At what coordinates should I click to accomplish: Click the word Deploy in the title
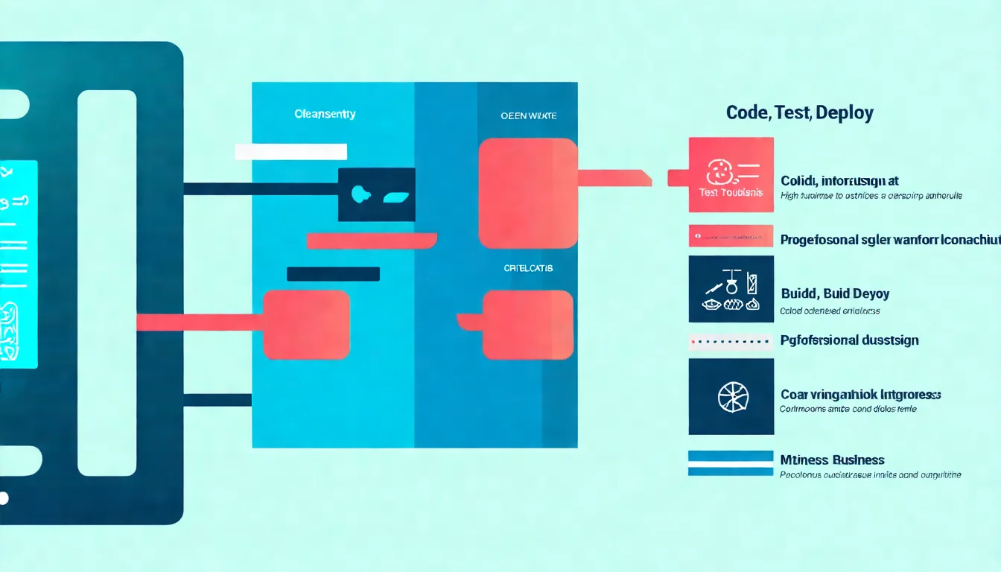coord(845,113)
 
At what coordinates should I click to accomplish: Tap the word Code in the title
coord(747,113)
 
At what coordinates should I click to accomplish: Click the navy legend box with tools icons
coord(731,289)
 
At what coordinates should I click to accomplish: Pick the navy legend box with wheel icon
coord(731,396)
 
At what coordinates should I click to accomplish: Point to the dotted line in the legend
coord(730,343)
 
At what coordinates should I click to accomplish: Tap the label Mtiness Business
coord(832,460)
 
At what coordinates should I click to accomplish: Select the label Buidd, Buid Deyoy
coord(834,293)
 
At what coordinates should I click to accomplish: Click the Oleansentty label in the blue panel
coord(325,115)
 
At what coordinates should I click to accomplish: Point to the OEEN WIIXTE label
coord(528,115)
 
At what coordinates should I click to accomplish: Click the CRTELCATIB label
coord(528,268)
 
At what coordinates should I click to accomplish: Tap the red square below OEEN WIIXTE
coord(527,194)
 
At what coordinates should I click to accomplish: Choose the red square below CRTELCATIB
coord(527,325)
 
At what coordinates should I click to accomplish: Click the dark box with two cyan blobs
coord(376,194)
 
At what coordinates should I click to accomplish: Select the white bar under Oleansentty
coord(290,152)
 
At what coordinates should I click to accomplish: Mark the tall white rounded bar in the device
coord(107,283)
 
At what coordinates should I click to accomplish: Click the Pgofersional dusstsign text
coord(849,340)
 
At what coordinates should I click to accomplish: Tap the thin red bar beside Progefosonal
coord(731,236)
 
